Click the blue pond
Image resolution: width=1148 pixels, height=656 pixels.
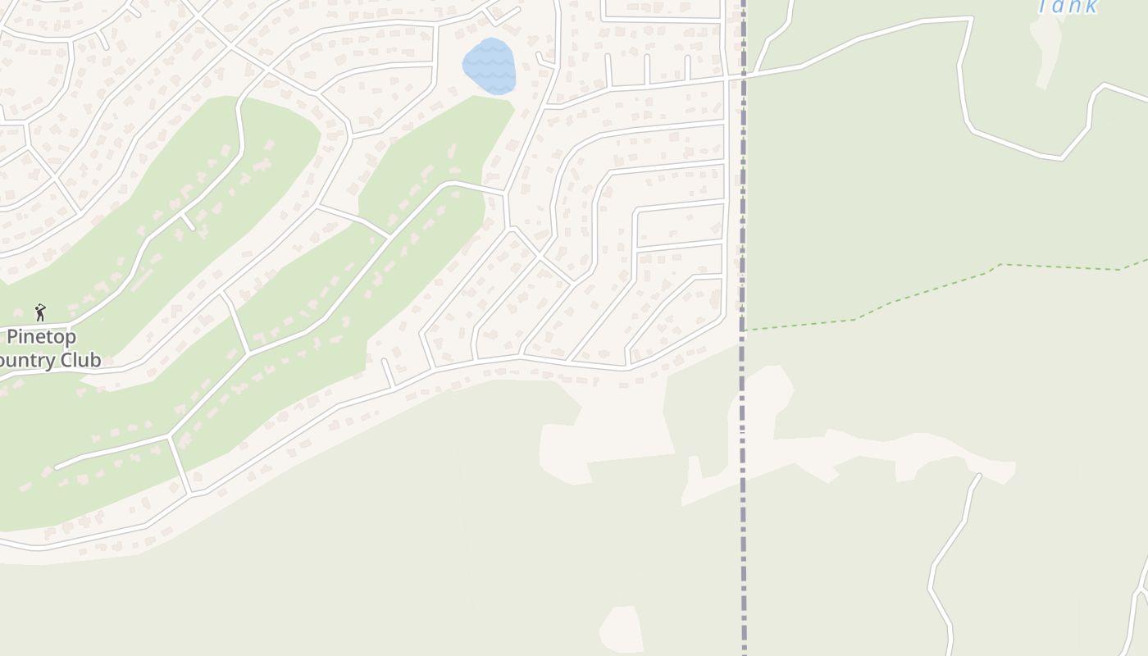coord(490,66)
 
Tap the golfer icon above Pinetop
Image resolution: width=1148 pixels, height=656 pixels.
coord(40,312)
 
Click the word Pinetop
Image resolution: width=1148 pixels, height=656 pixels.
coord(41,337)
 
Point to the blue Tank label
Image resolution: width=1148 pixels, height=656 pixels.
coord(1068,7)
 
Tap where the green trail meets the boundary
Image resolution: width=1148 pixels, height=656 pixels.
coord(744,330)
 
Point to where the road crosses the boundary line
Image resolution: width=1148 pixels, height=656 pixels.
coord(744,76)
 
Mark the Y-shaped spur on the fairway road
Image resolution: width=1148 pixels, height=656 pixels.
coord(187,221)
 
